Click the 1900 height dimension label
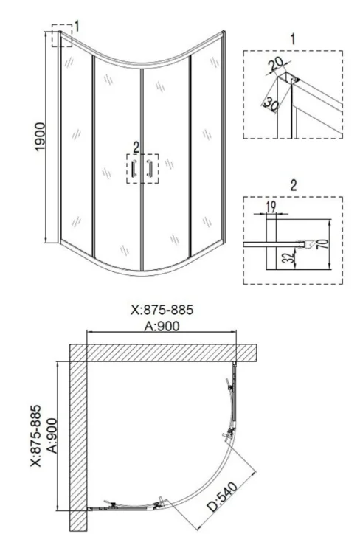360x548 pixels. point(40,136)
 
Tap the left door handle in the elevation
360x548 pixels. point(134,168)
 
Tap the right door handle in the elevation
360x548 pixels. point(150,168)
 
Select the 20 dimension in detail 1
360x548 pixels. point(276,63)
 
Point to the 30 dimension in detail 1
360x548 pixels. point(271,104)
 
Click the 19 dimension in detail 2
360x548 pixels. point(271,207)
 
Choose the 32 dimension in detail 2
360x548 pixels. point(288,258)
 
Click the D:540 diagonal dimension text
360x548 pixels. point(222,496)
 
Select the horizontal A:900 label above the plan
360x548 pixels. point(162,326)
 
